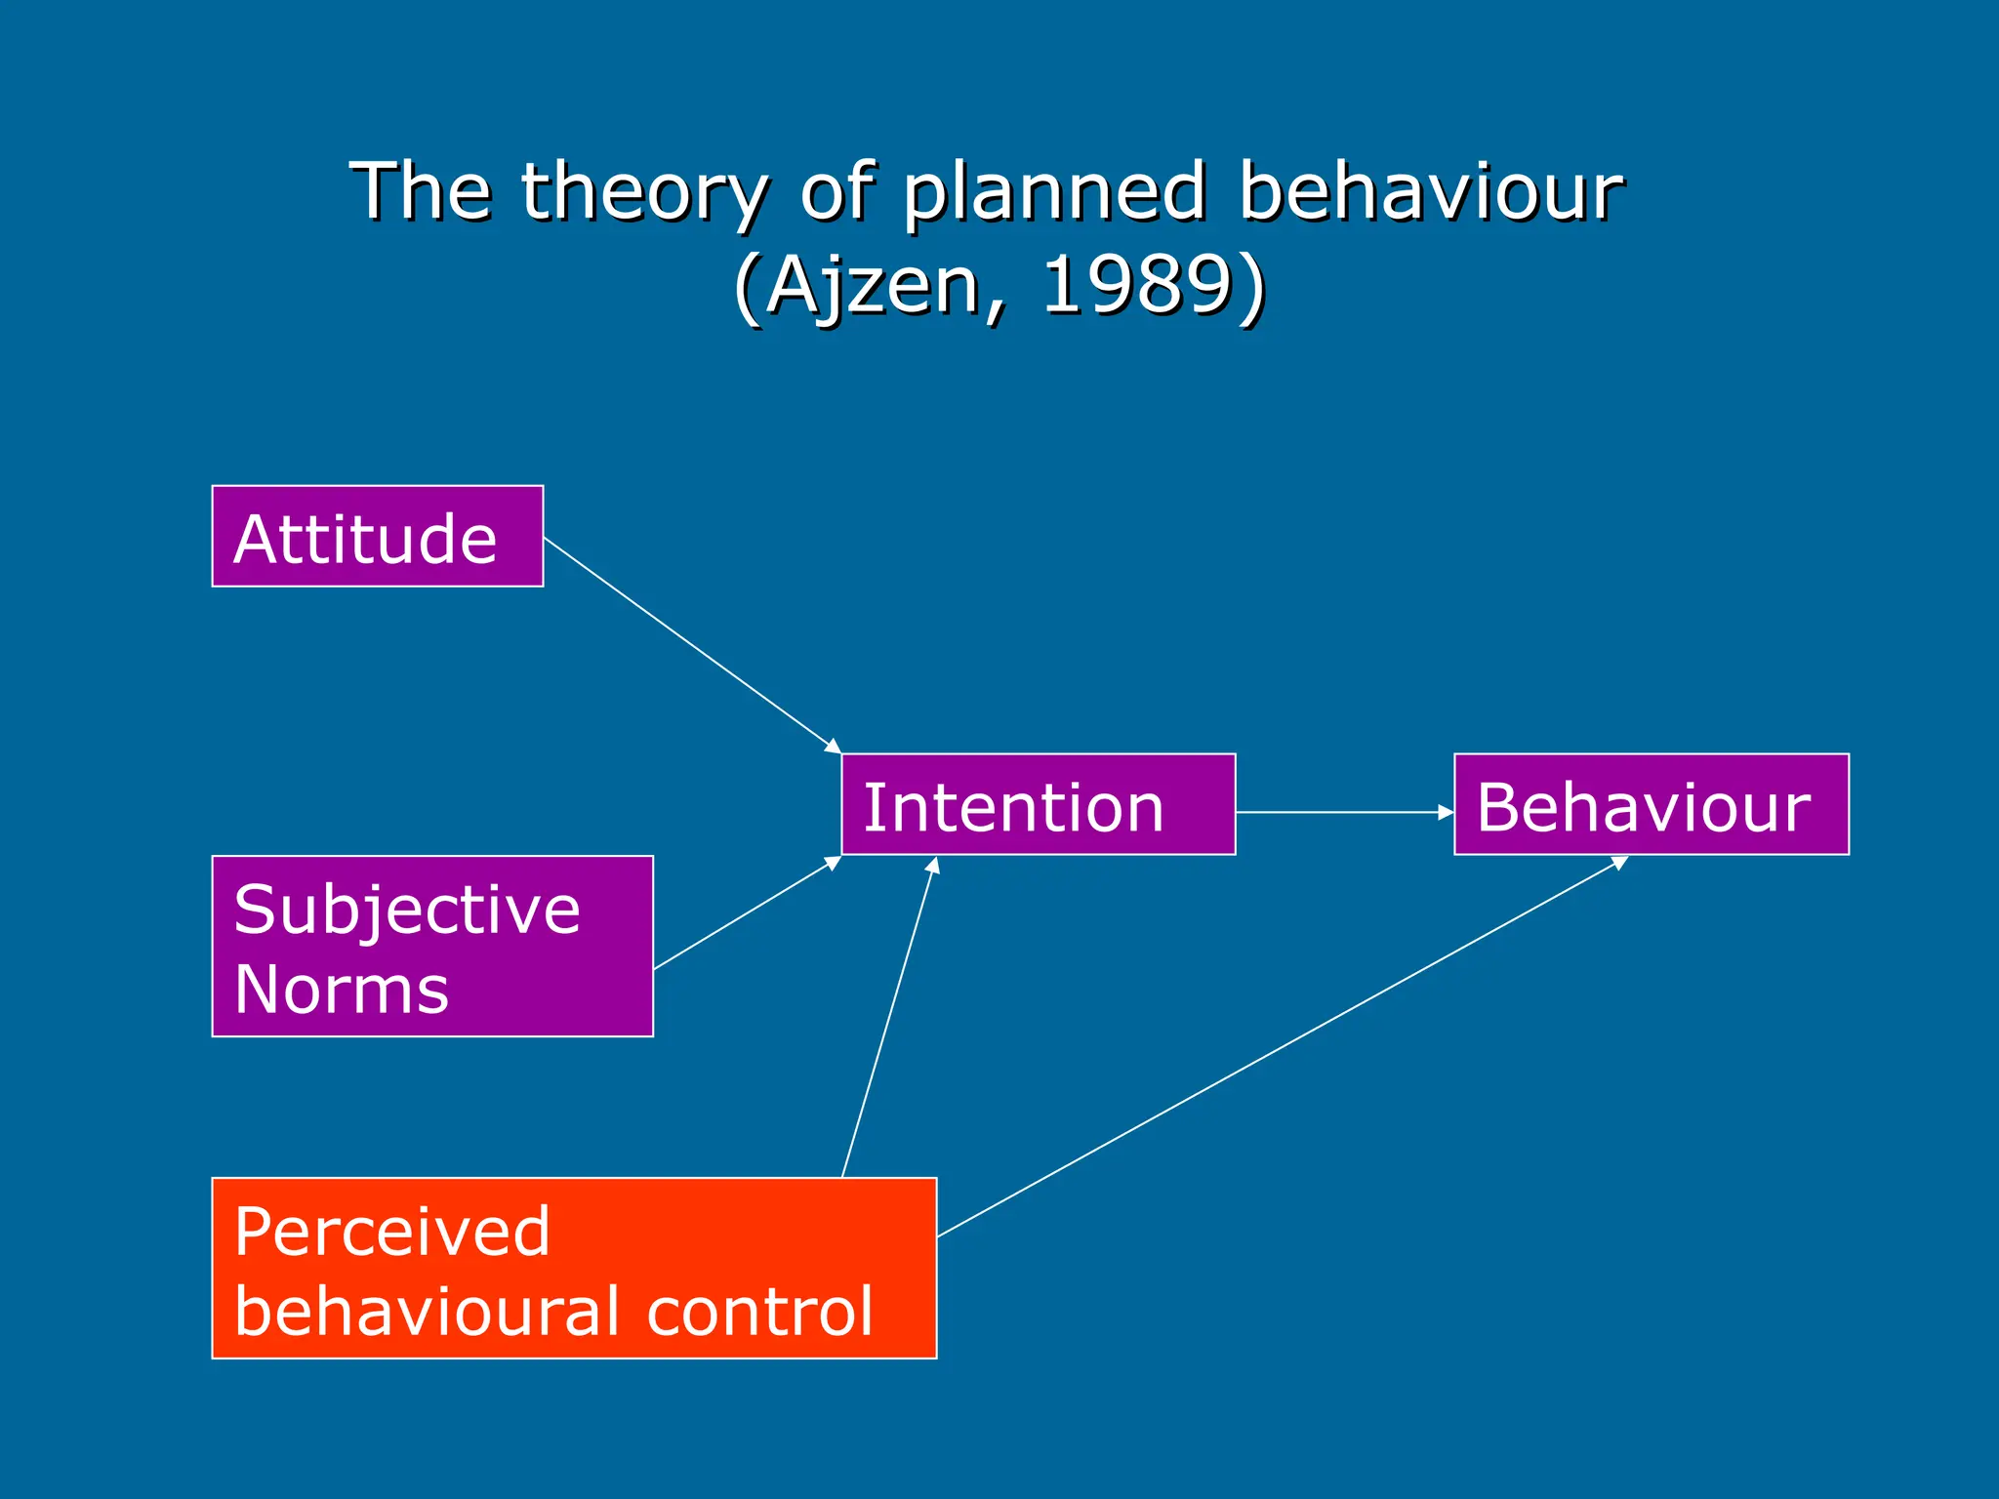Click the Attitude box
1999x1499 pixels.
point(377,536)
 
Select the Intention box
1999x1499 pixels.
point(1038,804)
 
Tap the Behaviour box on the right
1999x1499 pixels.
point(1651,804)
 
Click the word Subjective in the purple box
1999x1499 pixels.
point(407,910)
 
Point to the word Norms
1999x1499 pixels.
point(341,990)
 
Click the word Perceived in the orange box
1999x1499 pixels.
point(392,1232)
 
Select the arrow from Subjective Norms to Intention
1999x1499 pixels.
point(747,913)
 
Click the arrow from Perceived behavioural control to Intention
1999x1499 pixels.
point(889,1018)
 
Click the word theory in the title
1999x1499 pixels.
point(644,191)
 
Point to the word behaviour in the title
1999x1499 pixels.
point(1431,191)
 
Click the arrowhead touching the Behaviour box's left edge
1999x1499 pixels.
point(1447,812)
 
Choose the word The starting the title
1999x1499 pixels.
point(421,191)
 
